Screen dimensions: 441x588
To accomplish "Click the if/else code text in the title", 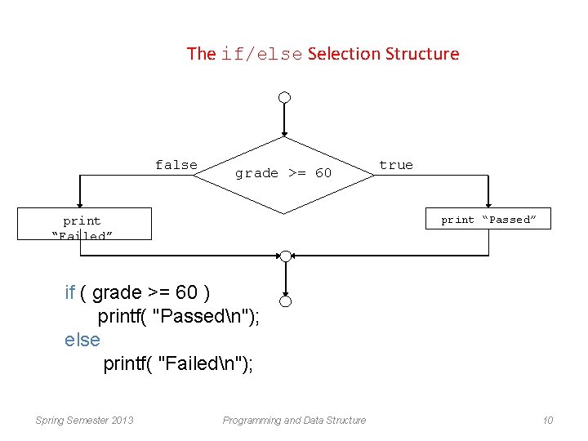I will [261, 55].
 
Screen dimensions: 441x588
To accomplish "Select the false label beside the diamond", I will [176, 165].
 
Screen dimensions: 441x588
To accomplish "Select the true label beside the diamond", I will [396, 165].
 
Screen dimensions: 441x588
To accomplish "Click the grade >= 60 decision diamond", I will [283, 173].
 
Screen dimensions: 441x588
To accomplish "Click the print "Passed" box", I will [488, 219].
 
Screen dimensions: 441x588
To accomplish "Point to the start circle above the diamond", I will [284, 98].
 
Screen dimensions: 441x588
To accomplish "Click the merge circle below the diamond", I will [284, 256].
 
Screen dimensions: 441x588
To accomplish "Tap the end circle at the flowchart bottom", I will [284, 301].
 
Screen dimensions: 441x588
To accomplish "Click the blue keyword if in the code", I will [70, 292].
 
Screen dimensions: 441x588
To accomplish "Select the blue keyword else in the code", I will [82, 340].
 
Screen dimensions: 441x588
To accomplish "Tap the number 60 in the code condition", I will [187, 292].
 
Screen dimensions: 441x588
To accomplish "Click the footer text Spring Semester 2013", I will [85, 421].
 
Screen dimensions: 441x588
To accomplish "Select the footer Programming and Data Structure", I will [294, 421].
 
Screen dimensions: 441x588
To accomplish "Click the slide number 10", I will [547, 421].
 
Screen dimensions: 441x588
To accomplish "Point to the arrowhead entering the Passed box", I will [488, 205].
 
